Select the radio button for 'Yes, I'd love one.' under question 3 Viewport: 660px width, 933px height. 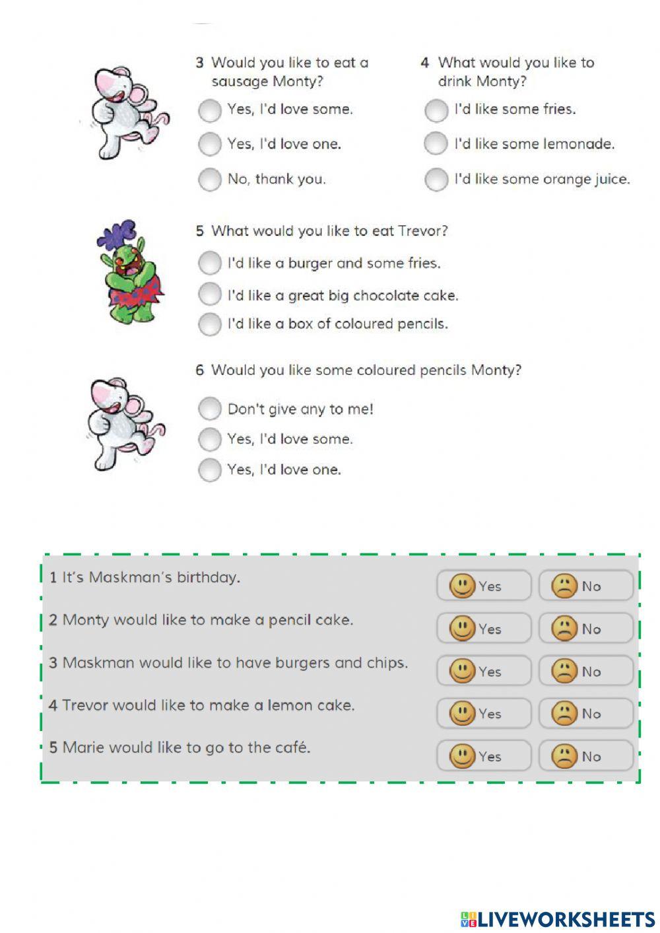click(209, 144)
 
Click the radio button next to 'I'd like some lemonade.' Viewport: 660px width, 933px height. click(436, 143)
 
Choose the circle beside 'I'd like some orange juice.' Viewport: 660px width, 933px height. click(436, 179)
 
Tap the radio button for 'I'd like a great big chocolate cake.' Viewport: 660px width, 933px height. click(209, 294)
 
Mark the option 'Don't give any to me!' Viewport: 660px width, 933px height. click(209, 409)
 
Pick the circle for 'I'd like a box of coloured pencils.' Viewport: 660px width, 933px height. click(209, 324)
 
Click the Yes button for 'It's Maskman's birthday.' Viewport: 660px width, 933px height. click(483, 586)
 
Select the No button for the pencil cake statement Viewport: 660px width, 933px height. click(585, 629)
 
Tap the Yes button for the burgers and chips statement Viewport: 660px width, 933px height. click(483, 671)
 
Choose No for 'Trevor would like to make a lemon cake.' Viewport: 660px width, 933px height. click(585, 714)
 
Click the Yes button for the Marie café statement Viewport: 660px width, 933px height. click(483, 756)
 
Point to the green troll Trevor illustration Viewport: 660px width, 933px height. click(132, 281)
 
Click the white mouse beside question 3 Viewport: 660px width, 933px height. click(129, 112)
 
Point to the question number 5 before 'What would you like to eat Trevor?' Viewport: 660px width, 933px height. click(199, 231)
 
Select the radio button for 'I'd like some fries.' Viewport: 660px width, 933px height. click(436, 110)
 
